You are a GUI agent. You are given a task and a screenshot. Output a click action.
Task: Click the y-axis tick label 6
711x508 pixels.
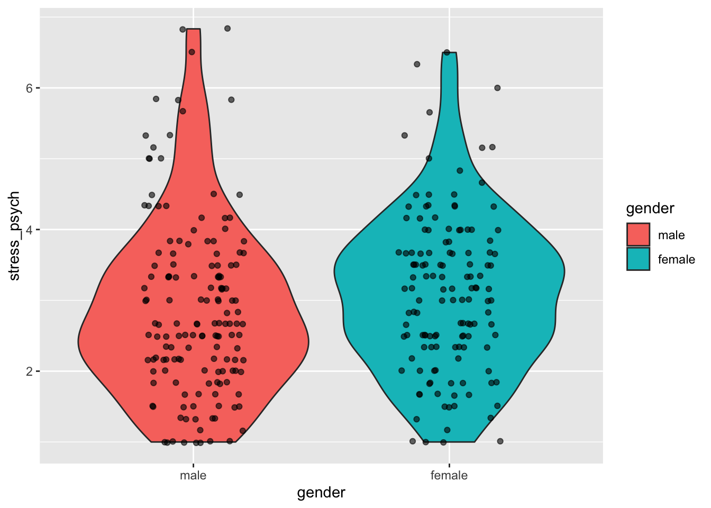(x=29, y=88)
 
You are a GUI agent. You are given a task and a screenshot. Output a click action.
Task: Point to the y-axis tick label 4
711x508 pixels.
(x=29, y=230)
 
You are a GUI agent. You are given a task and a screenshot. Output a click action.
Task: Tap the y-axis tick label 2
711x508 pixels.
(x=29, y=371)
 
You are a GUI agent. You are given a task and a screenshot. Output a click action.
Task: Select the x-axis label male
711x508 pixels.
(x=193, y=475)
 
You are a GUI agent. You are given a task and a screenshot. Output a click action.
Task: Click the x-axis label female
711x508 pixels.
(x=449, y=475)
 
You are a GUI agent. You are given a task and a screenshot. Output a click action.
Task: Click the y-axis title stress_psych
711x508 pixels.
(x=15, y=236)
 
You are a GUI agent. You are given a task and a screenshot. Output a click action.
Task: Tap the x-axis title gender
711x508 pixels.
(x=321, y=493)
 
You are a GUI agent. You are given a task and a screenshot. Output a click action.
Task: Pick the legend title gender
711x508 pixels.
(x=650, y=208)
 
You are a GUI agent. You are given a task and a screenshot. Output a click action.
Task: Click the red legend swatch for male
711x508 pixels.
(x=638, y=235)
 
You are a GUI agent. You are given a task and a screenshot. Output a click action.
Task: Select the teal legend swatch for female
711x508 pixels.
(x=638, y=259)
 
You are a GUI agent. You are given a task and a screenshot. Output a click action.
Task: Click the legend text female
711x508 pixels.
(x=676, y=259)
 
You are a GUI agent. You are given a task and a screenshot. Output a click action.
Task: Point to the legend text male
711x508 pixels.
(x=671, y=235)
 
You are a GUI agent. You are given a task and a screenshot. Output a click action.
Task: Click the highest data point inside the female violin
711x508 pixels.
(x=446, y=52)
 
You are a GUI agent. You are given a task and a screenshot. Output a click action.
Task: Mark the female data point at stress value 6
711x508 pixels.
(x=497, y=88)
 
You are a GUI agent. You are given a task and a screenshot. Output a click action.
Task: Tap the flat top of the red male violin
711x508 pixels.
(x=194, y=29)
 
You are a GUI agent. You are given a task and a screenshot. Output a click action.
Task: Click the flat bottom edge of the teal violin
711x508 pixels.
(x=449, y=441)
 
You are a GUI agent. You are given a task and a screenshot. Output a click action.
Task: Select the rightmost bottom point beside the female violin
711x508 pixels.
(x=500, y=441)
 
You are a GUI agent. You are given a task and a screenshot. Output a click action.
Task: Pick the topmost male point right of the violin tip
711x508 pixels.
(x=227, y=29)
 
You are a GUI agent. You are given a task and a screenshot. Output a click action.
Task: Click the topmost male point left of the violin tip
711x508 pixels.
(x=183, y=29)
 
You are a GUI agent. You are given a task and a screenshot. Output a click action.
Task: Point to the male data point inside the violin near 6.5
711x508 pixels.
(x=192, y=52)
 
